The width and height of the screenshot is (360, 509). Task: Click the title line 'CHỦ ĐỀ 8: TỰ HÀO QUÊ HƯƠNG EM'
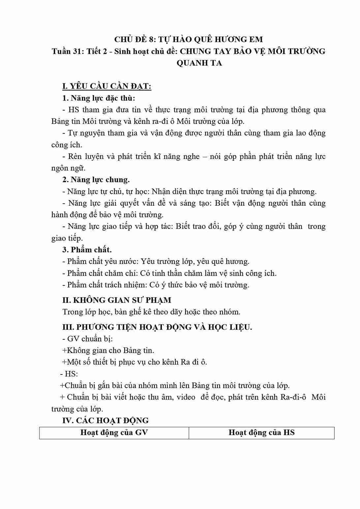189,40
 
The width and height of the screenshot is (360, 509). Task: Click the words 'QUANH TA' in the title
199,63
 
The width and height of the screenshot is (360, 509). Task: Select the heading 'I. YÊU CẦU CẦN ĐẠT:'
107,86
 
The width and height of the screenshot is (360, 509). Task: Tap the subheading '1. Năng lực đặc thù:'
99,98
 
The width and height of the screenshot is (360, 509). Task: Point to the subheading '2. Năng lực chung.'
96,180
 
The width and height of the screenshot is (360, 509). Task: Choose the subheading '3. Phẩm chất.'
87,250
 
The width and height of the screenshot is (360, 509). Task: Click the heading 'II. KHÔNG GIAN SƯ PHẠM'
117,300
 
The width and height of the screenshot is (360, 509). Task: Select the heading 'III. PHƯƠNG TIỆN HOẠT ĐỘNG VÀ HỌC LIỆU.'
157,327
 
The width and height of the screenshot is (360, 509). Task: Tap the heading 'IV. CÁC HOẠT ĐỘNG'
105,420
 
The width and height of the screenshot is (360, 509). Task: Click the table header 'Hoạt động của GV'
114,433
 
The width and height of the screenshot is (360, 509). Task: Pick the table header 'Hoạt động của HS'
261,433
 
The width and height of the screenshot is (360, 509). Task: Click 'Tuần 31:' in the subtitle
66,51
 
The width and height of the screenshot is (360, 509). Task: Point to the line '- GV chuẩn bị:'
87,339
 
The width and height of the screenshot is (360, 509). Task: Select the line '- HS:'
69,374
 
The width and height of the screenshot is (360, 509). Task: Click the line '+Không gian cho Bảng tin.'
108,350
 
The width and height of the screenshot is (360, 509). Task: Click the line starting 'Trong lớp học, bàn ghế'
151,312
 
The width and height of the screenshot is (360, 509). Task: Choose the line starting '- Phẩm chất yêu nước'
156,261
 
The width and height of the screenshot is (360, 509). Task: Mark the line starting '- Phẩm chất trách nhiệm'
156,285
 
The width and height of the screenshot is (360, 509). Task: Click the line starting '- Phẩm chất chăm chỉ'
169,273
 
